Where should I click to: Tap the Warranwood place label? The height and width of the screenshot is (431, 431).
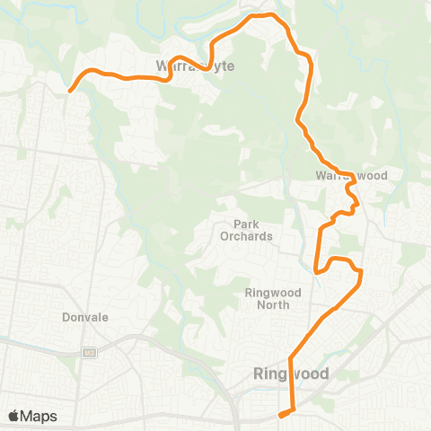[x=351, y=175]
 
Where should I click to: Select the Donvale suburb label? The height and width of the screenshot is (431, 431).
[x=85, y=317]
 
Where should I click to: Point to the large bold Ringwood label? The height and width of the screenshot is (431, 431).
[x=292, y=374]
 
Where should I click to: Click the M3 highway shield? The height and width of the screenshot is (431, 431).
[x=88, y=351]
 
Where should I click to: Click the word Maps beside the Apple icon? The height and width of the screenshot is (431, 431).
[x=40, y=416]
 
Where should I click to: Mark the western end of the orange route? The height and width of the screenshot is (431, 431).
[x=70, y=90]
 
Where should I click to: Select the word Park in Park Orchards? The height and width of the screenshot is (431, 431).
[x=246, y=224]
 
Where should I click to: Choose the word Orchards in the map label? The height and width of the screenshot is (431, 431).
[x=246, y=236]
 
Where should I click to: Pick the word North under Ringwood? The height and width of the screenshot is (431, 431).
[x=268, y=304]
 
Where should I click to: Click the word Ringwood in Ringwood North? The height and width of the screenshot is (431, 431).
[x=268, y=293]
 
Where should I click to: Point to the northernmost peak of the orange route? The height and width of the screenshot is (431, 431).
[x=260, y=15]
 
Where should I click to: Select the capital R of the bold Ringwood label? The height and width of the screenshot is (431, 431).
[x=259, y=374]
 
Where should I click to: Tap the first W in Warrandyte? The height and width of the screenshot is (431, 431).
[x=162, y=66]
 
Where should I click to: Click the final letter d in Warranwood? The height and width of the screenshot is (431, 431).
[x=383, y=175]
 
